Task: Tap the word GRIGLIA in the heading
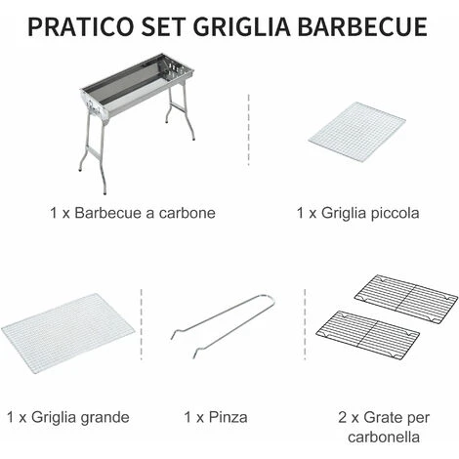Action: click(x=243, y=26)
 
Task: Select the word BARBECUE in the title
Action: click(x=363, y=26)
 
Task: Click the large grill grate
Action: click(x=67, y=333)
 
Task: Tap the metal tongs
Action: click(x=223, y=325)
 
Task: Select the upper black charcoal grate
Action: click(x=406, y=299)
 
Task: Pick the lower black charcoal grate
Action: click(x=367, y=335)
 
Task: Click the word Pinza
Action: click(x=228, y=417)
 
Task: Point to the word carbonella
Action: click(x=384, y=437)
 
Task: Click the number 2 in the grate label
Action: click(x=343, y=417)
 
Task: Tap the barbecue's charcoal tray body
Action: click(x=137, y=86)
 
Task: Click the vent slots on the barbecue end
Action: click(x=177, y=67)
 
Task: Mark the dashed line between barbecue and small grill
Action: click(x=248, y=130)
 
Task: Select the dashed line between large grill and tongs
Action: click(x=142, y=324)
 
